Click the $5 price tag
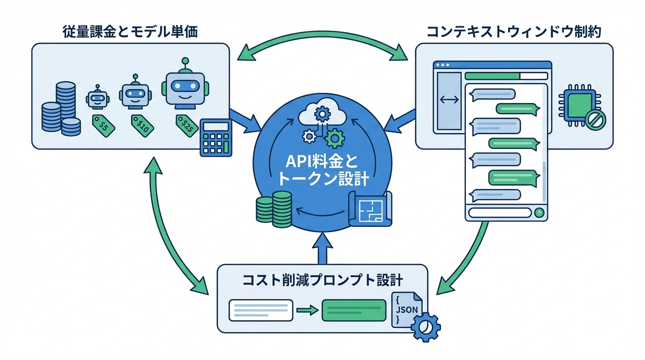pos(103,126)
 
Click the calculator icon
pos(216,137)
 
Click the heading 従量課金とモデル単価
pos(130,32)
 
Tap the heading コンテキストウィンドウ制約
pos(514,32)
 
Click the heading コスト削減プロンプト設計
pos(322,280)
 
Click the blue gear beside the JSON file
pos(425,326)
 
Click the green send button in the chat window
pos(539,213)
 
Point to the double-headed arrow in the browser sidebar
pos(449,101)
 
